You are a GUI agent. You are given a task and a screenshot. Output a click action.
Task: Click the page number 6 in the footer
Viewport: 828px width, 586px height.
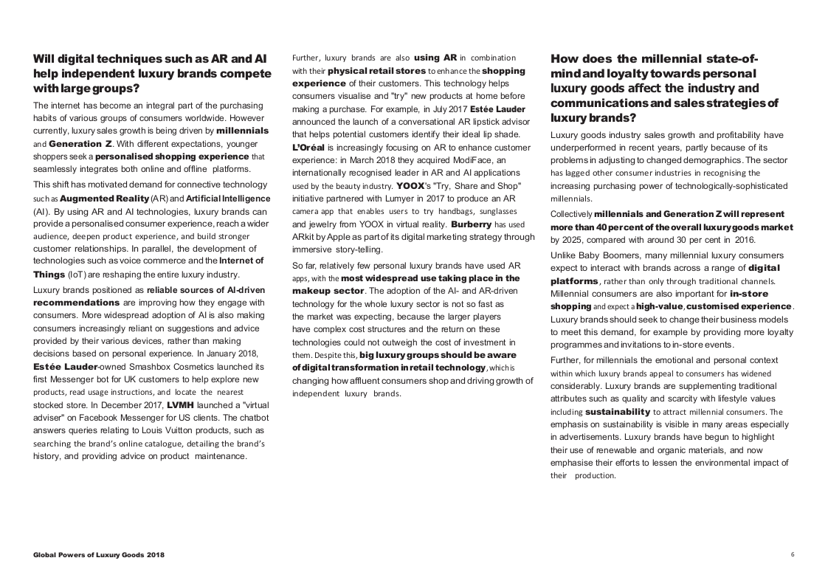(793, 554)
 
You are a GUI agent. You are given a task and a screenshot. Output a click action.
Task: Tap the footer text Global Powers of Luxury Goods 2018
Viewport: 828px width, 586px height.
(99, 554)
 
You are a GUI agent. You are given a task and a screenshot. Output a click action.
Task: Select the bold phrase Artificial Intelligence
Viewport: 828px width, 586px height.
(228, 199)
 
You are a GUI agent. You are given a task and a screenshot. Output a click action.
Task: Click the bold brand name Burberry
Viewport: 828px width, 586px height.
(471, 224)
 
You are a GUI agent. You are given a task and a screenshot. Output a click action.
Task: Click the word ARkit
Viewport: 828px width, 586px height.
(306, 237)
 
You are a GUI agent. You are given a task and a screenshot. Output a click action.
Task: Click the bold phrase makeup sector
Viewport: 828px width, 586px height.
(323, 291)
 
